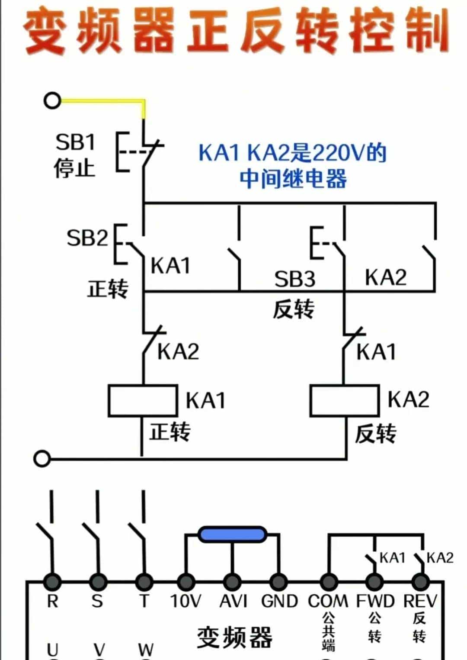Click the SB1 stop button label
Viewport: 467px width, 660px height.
point(75,142)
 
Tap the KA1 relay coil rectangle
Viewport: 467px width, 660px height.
point(143,401)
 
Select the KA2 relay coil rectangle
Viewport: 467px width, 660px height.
point(345,401)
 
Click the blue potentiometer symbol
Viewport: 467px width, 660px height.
point(232,534)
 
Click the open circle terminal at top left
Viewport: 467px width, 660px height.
point(52,101)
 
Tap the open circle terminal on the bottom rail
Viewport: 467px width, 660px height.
point(42,459)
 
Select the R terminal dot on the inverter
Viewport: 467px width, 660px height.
point(52,581)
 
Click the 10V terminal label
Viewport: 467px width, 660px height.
point(186,601)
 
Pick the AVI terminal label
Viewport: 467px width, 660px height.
point(233,601)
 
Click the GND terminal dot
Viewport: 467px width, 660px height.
point(279,581)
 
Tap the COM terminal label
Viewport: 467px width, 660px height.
point(328,601)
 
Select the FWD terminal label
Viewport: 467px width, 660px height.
point(375,601)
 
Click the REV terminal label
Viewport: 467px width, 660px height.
point(420,601)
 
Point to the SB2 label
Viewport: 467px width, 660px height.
point(87,238)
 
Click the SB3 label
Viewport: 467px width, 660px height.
point(294,279)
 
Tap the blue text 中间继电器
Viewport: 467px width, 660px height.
point(293,178)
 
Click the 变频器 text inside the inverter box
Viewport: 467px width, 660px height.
point(234,637)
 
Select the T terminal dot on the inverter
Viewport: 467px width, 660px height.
point(144,581)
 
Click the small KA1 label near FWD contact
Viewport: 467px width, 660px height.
point(392,558)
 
